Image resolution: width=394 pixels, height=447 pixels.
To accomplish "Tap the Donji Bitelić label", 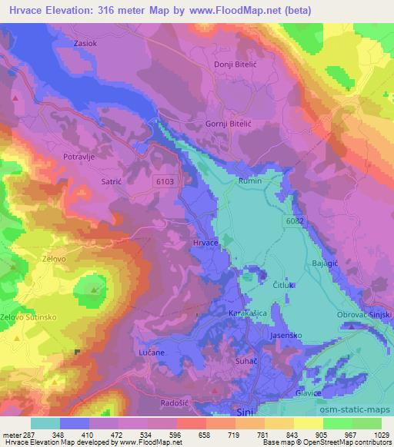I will click(x=233, y=66).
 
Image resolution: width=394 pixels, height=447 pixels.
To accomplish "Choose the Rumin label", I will click(x=251, y=180).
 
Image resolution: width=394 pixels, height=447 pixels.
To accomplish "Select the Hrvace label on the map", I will click(x=206, y=243).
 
